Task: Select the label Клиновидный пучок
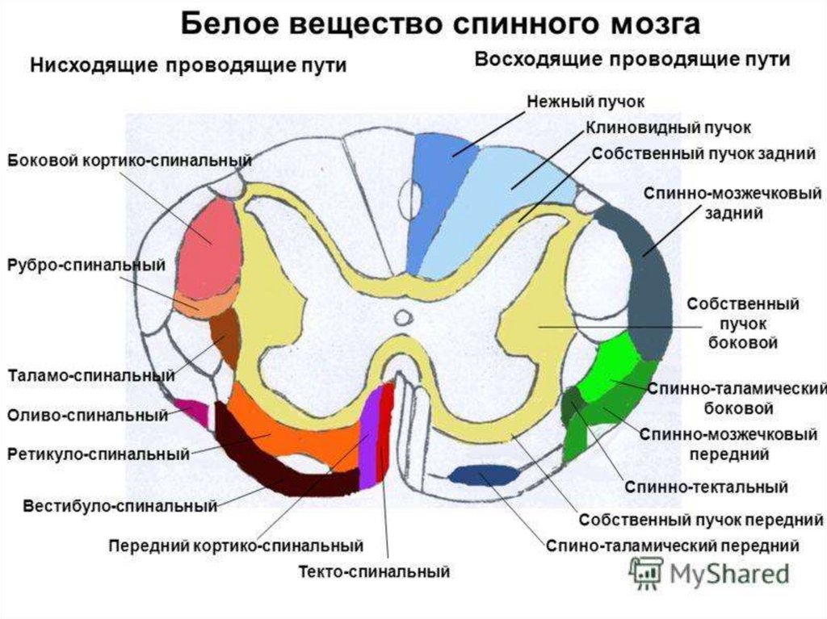coord(668,128)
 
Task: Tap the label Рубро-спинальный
coord(87,265)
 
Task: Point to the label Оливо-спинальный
coord(87,416)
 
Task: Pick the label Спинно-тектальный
coord(706,487)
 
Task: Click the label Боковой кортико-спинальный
coord(130,161)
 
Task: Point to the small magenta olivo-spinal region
coord(194,408)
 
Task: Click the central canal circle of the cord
coord(401,317)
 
